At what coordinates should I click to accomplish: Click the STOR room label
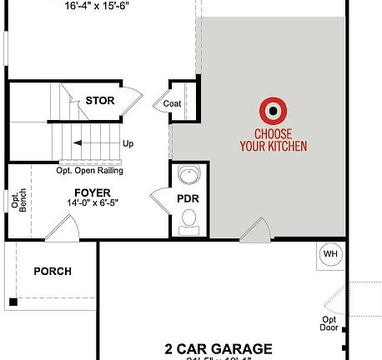99,101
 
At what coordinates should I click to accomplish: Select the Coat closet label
173,103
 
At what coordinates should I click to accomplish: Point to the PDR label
186,199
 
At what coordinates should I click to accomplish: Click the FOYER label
93,192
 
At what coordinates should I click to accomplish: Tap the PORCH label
52,271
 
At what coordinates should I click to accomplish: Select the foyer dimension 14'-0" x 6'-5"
93,203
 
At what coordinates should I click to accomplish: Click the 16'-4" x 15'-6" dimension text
103,5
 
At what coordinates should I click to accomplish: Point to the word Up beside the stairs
128,143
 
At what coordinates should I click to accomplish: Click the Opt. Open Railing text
89,171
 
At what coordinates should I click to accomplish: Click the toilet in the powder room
188,218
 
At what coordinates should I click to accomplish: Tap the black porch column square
13,301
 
